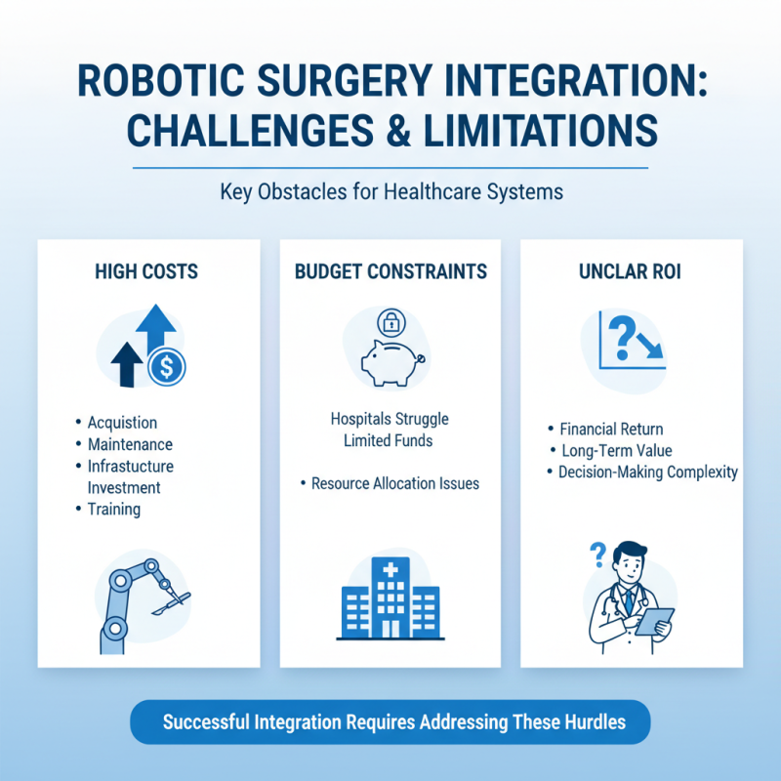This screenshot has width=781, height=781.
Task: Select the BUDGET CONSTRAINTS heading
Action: [x=390, y=271]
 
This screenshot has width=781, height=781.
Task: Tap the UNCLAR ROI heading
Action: [x=631, y=271]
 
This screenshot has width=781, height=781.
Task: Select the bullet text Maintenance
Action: [x=129, y=444]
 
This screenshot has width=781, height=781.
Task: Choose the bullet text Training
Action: [x=113, y=509]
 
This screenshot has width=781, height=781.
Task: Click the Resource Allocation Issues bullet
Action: [x=394, y=483]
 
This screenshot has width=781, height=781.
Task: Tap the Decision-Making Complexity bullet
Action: [x=647, y=473]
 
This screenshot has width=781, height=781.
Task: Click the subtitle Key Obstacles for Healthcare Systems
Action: [x=390, y=191]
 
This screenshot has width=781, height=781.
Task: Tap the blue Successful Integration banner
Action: [x=390, y=723]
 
